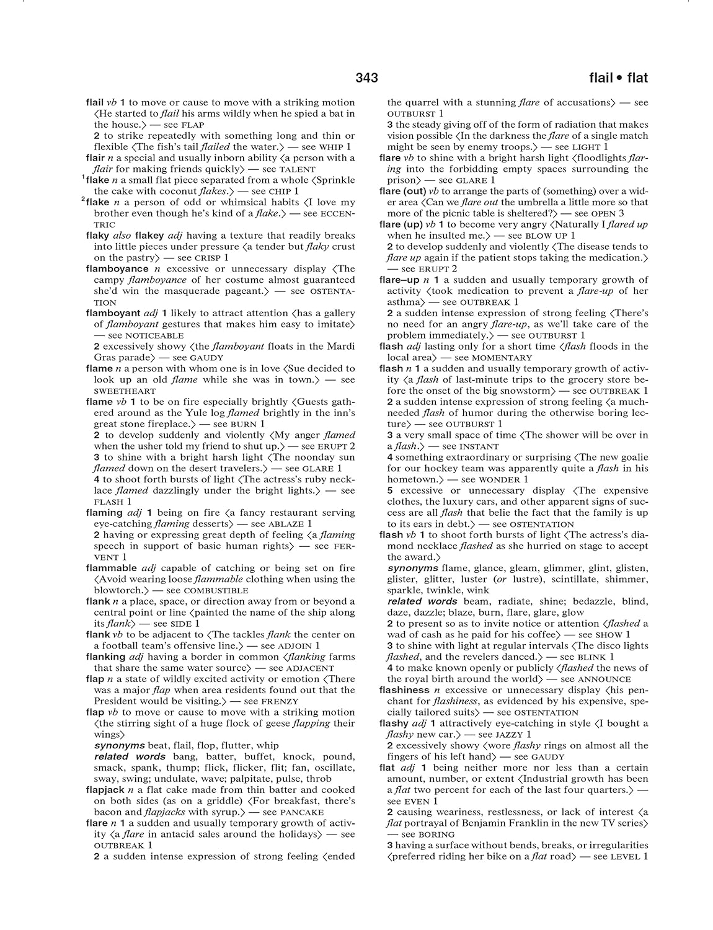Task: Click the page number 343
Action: pos(367,77)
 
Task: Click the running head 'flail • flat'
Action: pos(618,77)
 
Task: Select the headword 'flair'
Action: pos(95,157)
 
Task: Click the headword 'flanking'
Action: pos(105,657)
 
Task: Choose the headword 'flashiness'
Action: pos(404,690)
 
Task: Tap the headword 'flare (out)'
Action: pos(402,191)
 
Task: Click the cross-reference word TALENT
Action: pos(298,169)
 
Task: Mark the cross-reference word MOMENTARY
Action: pos(502,358)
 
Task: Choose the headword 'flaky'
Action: pos(97,236)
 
